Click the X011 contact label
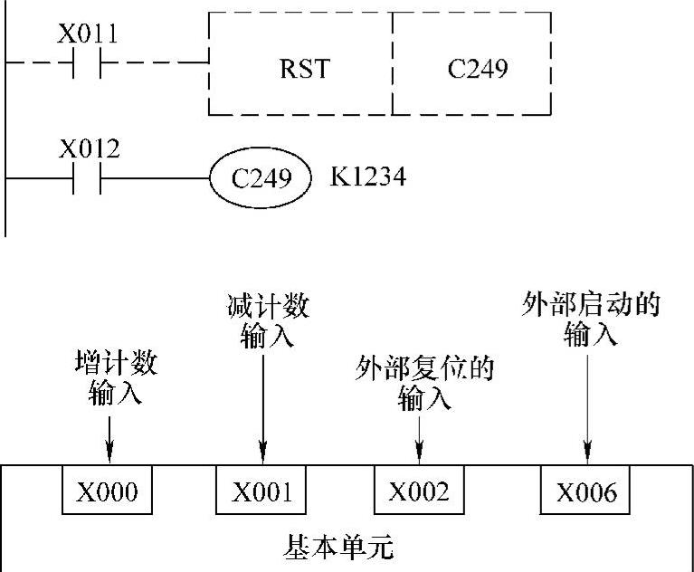tap(88, 34)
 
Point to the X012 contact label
tap(88, 148)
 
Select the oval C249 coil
tap(261, 177)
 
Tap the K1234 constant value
tap(367, 176)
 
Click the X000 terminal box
tap(107, 491)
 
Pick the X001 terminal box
tap(261, 491)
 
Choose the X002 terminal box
tap(419, 491)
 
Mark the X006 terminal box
tap(585, 491)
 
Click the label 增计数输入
tap(115, 379)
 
